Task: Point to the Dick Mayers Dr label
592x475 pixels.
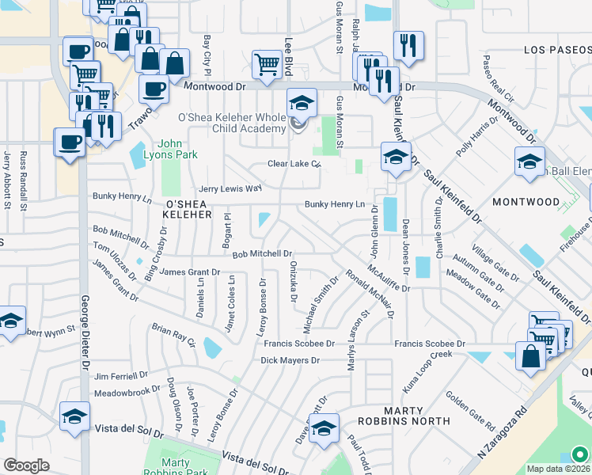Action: coord(290,360)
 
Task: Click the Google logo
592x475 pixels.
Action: coord(26,465)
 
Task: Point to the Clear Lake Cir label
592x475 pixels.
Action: coord(293,165)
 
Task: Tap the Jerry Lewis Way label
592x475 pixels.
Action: coord(230,188)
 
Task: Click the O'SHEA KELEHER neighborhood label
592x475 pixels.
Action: coord(188,208)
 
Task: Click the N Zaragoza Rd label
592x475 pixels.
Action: coord(503,435)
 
